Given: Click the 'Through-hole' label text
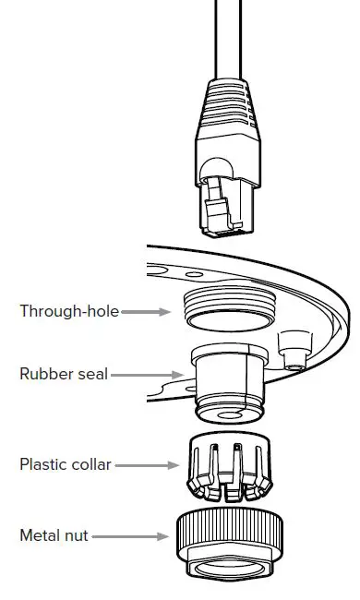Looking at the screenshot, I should (x=69, y=311).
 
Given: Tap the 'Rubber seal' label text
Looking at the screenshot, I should (x=64, y=374).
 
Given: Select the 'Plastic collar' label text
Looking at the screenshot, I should (x=66, y=464).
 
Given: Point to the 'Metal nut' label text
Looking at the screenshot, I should (x=54, y=535).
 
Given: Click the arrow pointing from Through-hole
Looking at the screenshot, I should (x=146, y=312).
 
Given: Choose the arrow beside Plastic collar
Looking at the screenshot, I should (x=140, y=464).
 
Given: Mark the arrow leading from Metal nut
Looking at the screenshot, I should (x=130, y=535).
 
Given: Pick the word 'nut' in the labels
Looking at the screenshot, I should (x=77, y=535).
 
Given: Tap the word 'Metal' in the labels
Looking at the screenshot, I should (x=41, y=535).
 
